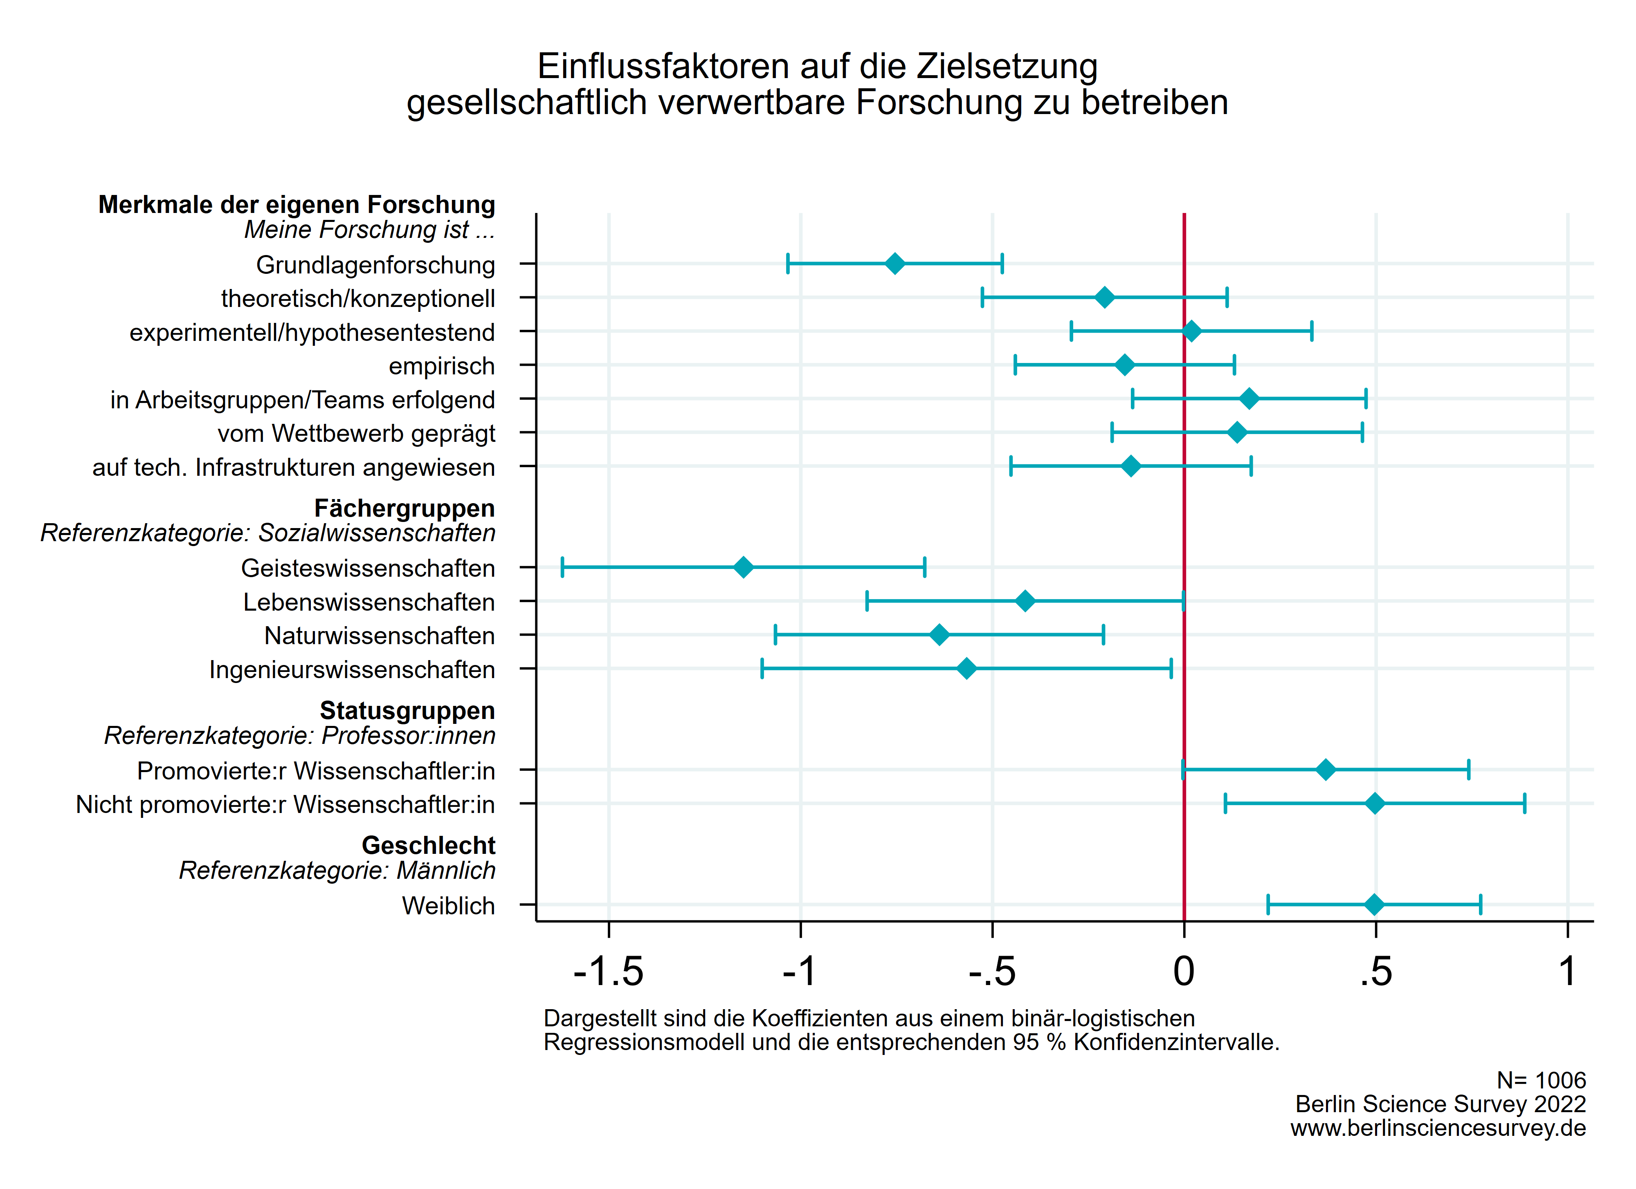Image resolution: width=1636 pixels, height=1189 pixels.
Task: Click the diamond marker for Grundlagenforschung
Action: (x=894, y=264)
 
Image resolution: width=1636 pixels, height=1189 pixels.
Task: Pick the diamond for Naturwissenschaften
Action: (x=939, y=635)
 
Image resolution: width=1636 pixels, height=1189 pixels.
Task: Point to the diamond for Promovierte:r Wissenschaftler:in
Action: (x=1325, y=770)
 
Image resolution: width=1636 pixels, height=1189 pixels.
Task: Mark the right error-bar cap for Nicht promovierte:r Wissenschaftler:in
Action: (x=1524, y=803)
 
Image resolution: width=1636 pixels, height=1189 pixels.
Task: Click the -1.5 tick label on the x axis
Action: (x=608, y=972)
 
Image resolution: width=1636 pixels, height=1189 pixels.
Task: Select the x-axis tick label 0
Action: (x=1184, y=972)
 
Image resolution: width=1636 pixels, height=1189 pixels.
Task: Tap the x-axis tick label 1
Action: (x=1567, y=972)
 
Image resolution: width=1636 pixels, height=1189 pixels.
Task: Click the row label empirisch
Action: (x=441, y=366)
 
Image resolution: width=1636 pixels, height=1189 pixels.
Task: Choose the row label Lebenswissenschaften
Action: (x=369, y=602)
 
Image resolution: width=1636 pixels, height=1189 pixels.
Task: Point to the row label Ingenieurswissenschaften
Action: (x=352, y=670)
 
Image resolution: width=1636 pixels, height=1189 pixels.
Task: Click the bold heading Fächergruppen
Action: (x=405, y=508)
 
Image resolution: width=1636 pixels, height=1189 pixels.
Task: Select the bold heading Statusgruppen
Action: (x=407, y=711)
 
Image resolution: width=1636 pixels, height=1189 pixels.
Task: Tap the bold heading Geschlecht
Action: (x=429, y=845)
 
